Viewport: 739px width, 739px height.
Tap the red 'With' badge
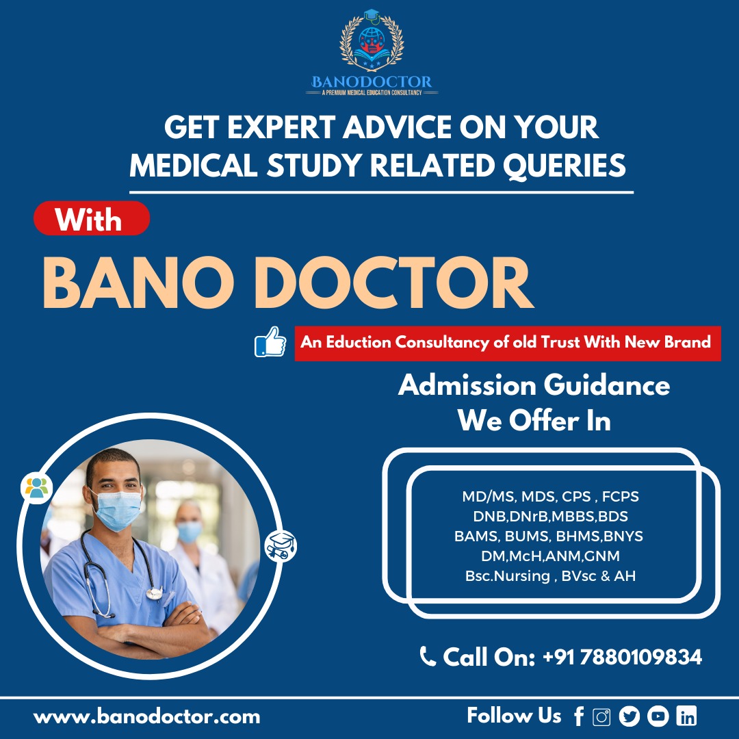92,218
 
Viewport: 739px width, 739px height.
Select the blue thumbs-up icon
270,341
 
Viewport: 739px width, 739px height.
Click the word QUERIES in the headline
564,166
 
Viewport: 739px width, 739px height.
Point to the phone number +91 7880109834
622,657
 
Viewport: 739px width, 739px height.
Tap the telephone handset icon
428,656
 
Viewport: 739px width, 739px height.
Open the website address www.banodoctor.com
146,717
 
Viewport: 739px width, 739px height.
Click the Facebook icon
580,716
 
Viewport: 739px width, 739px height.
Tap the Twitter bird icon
630,716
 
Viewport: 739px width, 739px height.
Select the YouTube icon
658,716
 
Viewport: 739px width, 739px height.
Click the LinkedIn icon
686,716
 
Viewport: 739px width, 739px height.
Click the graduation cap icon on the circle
281,546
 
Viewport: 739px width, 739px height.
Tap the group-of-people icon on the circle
37,488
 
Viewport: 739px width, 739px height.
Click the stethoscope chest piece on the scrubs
154,593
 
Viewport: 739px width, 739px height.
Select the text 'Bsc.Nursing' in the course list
508,576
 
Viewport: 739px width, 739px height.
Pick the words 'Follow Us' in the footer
514,716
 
